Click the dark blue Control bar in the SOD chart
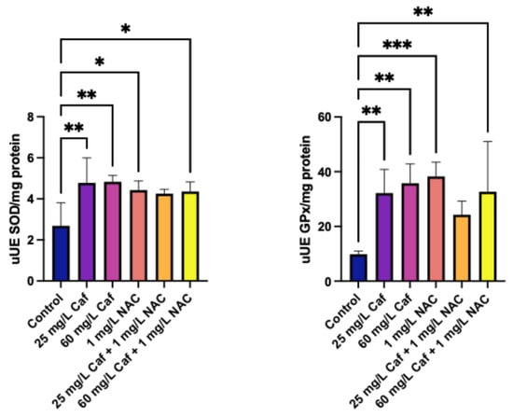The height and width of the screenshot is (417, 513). [61, 254]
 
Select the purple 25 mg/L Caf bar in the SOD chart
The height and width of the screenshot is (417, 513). [87, 232]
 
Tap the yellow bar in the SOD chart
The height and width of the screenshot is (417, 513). [190, 236]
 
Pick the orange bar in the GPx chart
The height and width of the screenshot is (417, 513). [462, 248]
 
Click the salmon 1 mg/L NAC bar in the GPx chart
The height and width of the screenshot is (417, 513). [436, 229]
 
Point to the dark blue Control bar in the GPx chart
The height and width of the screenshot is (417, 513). [358, 268]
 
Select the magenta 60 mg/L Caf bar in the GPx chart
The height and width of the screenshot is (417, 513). [410, 232]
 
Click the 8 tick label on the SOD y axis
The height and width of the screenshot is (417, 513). [32, 117]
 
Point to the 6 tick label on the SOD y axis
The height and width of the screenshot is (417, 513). [32, 158]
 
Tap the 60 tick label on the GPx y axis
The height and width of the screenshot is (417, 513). [325, 117]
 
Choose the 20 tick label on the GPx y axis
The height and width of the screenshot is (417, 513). [325, 227]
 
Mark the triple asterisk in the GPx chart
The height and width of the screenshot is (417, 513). [396, 45]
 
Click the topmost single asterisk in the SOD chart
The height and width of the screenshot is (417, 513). [126, 29]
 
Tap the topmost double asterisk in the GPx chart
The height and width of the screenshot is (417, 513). [423, 12]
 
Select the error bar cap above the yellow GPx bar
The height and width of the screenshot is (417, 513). [488, 142]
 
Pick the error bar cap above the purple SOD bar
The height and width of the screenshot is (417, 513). [87, 158]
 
